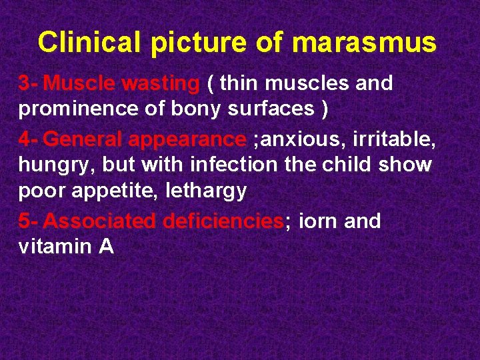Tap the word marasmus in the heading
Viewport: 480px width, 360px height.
point(365,43)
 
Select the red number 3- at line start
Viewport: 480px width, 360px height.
point(29,84)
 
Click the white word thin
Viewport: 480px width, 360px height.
point(241,84)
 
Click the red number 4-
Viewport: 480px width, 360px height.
point(29,139)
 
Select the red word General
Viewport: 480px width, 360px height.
point(83,139)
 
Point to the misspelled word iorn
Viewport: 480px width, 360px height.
point(319,221)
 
